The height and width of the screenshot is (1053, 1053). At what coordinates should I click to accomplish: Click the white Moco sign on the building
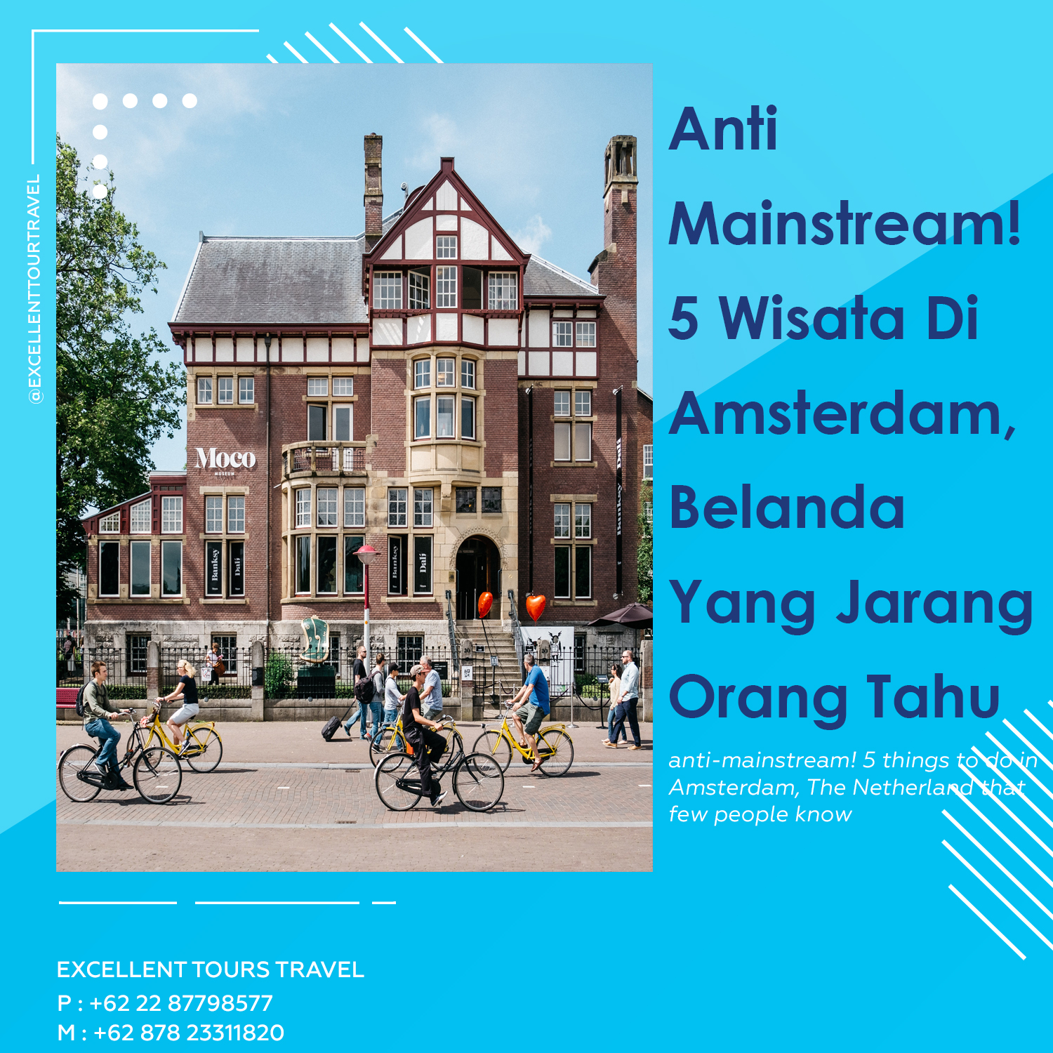(x=225, y=458)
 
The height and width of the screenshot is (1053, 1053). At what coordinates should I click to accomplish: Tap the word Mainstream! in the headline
(x=845, y=223)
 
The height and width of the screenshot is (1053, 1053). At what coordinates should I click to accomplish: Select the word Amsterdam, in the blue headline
(x=842, y=414)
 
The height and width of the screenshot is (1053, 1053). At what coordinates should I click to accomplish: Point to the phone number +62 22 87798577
(x=181, y=1003)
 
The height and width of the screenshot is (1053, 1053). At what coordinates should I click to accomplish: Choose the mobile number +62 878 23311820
(x=189, y=1033)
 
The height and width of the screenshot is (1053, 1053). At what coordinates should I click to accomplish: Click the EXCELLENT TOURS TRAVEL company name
(x=211, y=969)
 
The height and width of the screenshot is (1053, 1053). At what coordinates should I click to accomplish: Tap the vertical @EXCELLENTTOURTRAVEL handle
(x=34, y=289)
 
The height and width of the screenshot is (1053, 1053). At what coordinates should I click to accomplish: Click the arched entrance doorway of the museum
(x=478, y=577)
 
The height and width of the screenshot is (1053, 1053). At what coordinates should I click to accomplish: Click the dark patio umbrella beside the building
(x=622, y=615)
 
